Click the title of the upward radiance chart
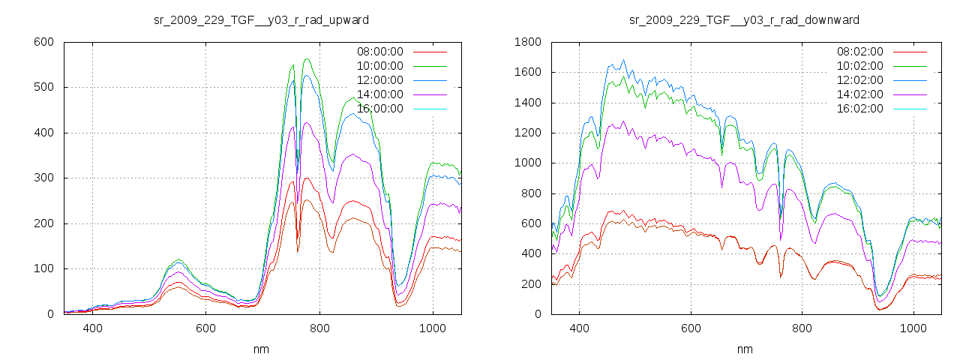pyautogui.click(x=261, y=19)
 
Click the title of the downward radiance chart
pyautogui.click(x=744, y=19)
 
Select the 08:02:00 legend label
pyautogui.click(x=860, y=52)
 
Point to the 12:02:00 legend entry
pyautogui.click(x=860, y=80)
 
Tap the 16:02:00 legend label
pyautogui.click(x=860, y=109)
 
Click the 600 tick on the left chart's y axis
pyautogui.click(x=43, y=42)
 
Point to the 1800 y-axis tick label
pyautogui.click(x=526, y=42)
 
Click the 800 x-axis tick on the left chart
pyautogui.click(x=319, y=328)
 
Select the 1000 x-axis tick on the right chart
pyautogui.click(x=913, y=328)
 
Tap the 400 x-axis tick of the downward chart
pyautogui.click(x=579, y=328)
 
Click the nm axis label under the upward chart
pyautogui.click(x=262, y=349)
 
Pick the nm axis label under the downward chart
pyautogui.click(x=745, y=349)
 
